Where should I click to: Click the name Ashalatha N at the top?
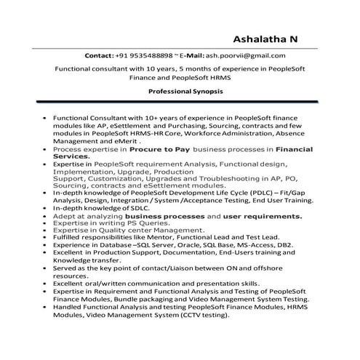(267, 39)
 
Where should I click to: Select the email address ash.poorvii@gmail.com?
(246, 55)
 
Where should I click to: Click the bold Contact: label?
(99, 55)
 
